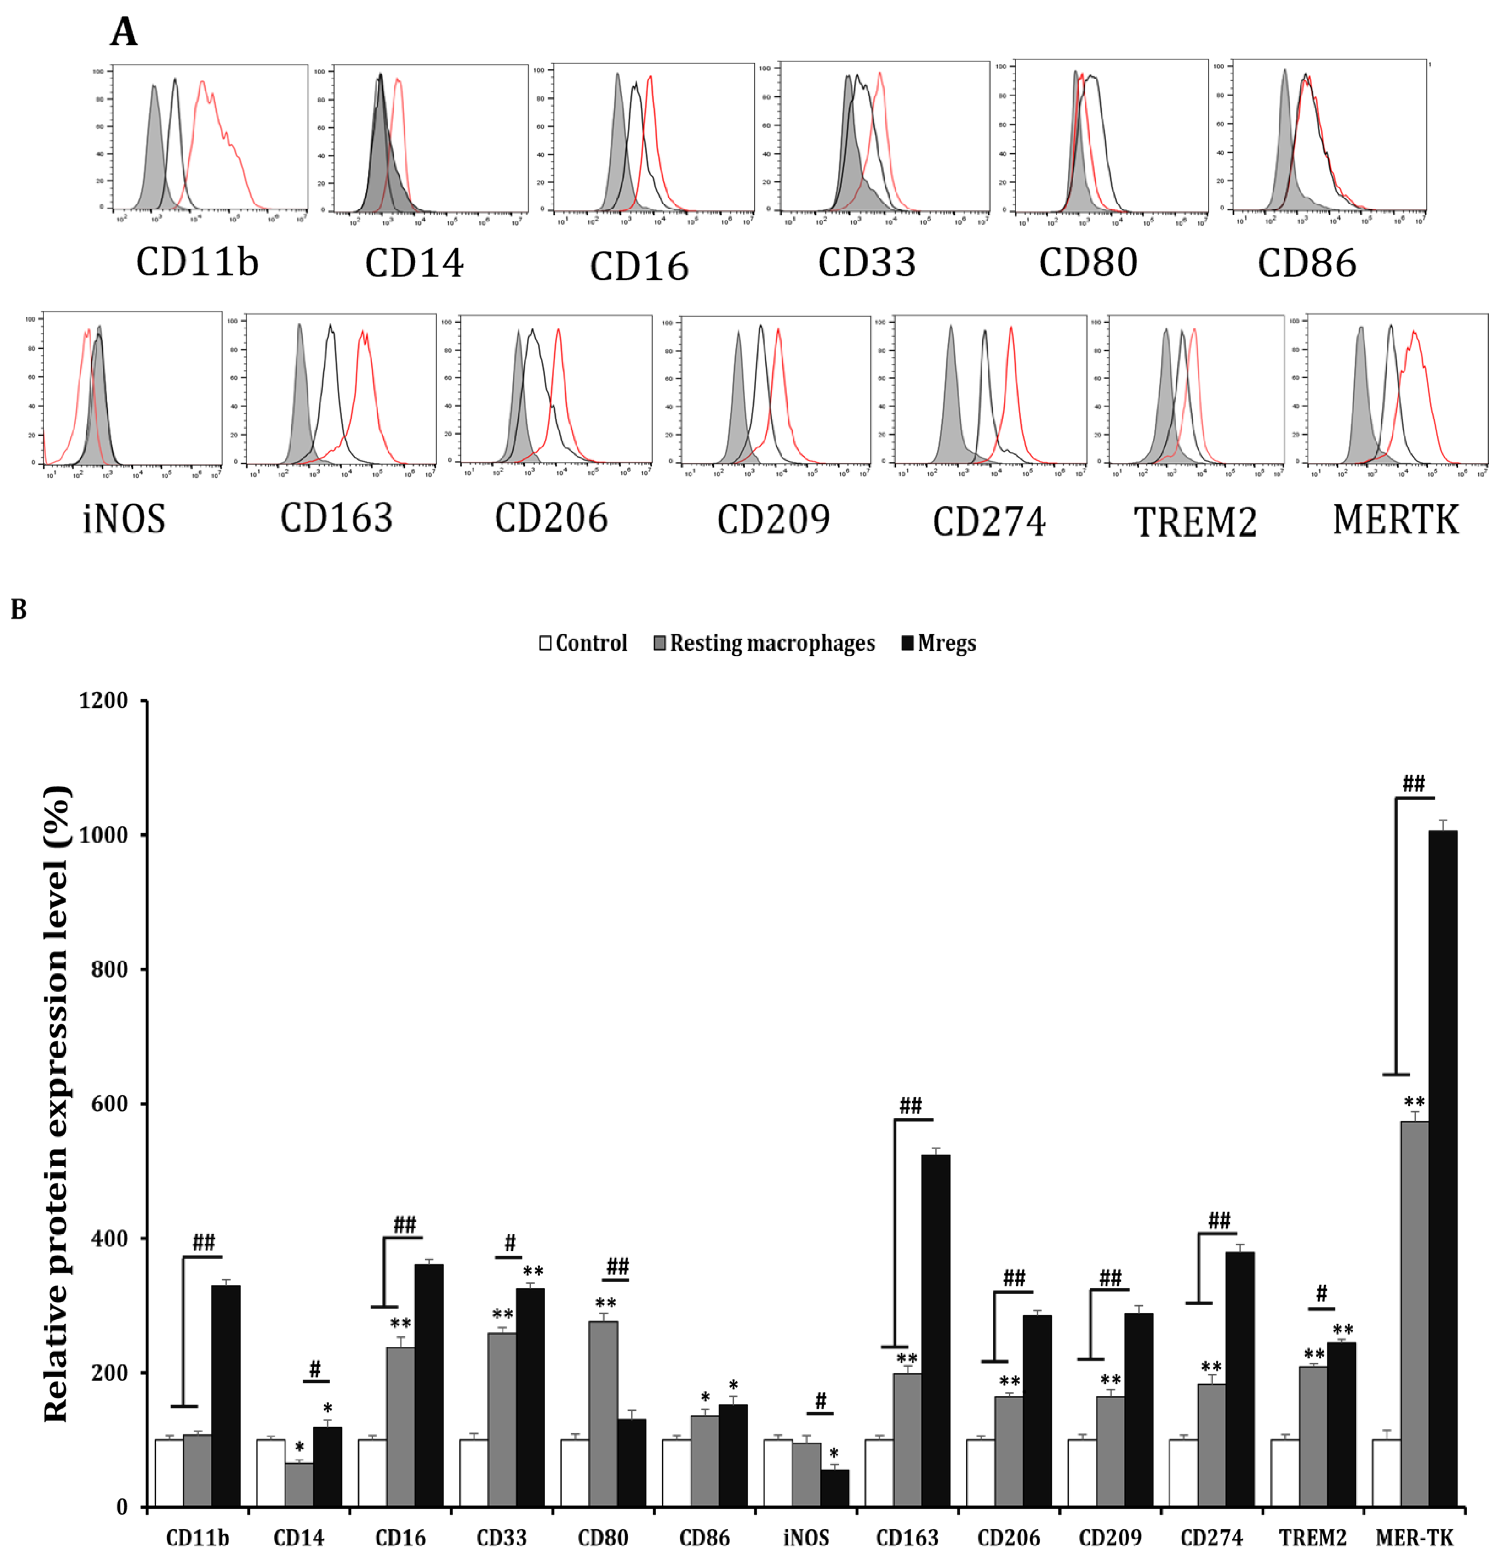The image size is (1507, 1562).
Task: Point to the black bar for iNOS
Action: tap(834, 1488)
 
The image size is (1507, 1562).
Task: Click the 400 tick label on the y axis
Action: tap(103, 1239)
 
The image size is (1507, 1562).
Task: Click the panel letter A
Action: tap(124, 32)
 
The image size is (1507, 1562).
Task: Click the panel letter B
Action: tap(18, 610)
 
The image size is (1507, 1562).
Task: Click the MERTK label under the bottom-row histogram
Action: tap(1395, 520)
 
